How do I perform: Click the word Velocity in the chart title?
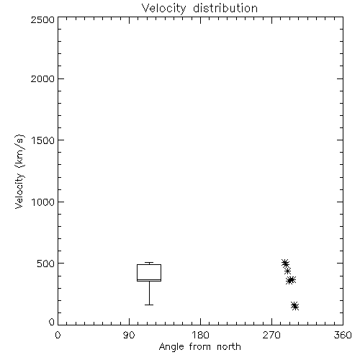pyautogui.click(x=164, y=9)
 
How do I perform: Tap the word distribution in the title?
pyautogui.click(x=225, y=8)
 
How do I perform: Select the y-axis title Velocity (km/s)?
pyautogui.click(x=19, y=171)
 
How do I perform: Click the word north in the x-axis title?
pyautogui.click(x=229, y=346)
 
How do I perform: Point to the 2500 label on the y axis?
pyautogui.click(x=42, y=19)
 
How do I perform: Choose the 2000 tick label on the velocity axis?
pyautogui.click(x=42, y=78)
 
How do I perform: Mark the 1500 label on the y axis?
pyautogui.click(x=43, y=140)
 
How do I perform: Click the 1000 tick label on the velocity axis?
pyautogui.click(x=43, y=202)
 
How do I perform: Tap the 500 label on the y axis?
pyautogui.click(x=46, y=264)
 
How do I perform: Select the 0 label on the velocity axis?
pyautogui.click(x=52, y=322)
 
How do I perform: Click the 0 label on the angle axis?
pyautogui.click(x=58, y=335)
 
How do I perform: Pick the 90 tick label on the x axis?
pyautogui.click(x=129, y=335)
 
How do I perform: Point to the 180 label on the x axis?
pyautogui.click(x=200, y=335)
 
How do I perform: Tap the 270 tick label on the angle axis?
pyautogui.click(x=271, y=335)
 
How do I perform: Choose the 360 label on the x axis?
pyautogui.click(x=343, y=335)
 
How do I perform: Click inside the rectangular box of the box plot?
pyautogui.click(x=149, y=272)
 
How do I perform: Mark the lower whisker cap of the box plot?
pyautogui.click(x=149, y=305)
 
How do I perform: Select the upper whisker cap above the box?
pyautogui.click(x=149, y=262)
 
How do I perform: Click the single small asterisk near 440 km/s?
pyautogui.click(x=287, y=271)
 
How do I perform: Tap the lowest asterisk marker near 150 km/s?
pyautogui.click(x=295, y=307)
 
